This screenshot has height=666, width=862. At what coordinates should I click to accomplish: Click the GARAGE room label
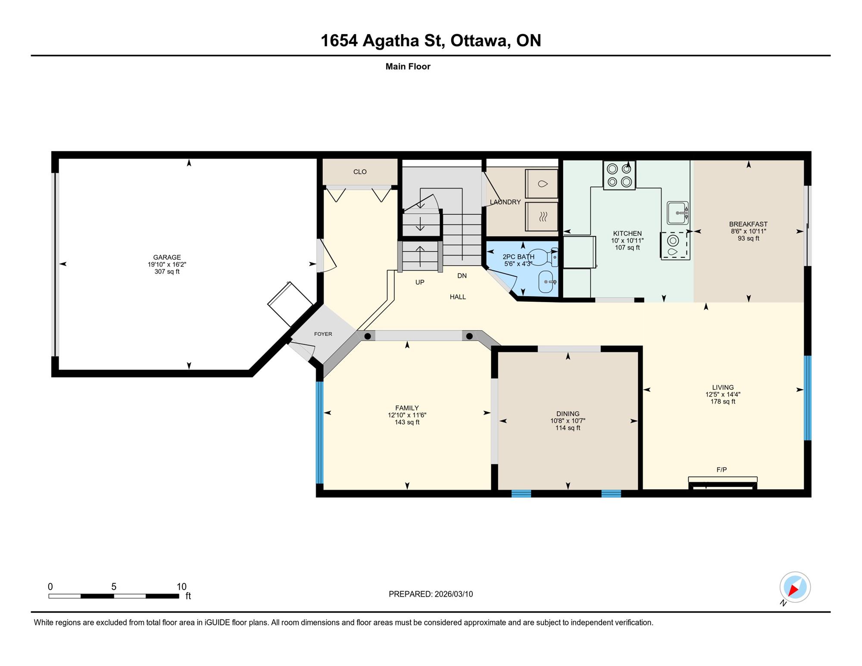(167, 257)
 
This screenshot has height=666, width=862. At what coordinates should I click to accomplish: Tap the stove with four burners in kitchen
(619, 175)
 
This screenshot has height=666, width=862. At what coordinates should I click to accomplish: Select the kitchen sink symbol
(678, 213)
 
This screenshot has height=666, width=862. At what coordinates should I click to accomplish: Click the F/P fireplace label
(721, 470)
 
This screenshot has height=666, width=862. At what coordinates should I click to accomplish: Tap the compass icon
(795, 587)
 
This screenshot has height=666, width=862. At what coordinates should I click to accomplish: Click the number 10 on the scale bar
(181, 587)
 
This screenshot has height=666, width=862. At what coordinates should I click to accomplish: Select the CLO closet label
(360, 172)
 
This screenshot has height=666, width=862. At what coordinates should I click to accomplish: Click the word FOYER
(323, 334)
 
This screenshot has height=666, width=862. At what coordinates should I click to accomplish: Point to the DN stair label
(462, 276)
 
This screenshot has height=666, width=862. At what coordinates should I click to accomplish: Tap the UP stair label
(420, 282)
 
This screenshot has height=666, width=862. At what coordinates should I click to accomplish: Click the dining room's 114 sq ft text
(568, 428)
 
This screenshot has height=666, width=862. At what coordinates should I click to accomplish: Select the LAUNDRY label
(505, 202)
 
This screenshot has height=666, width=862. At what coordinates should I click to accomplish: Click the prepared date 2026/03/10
(453, 594)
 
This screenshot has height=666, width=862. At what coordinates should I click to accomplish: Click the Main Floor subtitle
(408, 66)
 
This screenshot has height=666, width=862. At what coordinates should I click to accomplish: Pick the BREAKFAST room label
(748, 224)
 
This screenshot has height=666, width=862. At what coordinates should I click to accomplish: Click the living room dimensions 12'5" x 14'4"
(723, 394)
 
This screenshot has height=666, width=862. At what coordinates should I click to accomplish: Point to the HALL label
(458, 297)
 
